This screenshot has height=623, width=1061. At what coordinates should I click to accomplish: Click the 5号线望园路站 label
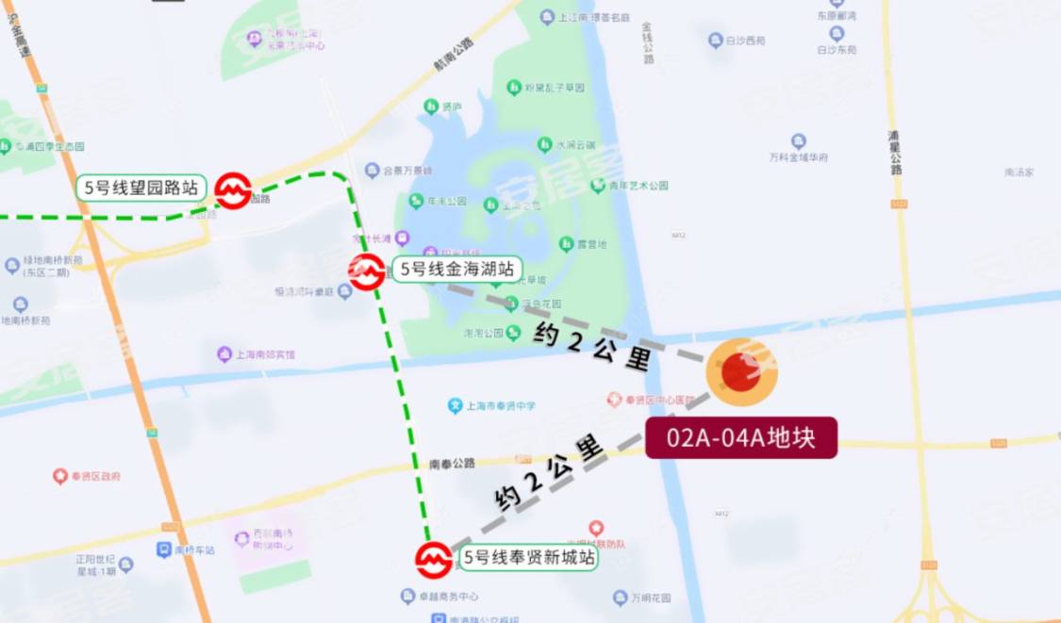141,188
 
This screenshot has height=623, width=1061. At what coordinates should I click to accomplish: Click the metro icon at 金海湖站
366,271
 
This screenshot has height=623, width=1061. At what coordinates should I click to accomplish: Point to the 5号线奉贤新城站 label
529,558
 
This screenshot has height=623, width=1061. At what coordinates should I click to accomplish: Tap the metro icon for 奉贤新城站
434,560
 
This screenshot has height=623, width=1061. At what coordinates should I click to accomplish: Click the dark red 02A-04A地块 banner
741,438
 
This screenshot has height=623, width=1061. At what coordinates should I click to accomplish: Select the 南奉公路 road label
452,464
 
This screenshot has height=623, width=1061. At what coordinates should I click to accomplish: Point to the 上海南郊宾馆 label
264,355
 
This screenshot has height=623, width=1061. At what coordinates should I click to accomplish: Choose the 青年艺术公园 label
638,186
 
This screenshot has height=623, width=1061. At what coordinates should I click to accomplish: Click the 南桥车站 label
196,549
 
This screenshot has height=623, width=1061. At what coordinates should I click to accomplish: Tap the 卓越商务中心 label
448,597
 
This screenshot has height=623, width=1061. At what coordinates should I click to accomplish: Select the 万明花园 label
651,598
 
